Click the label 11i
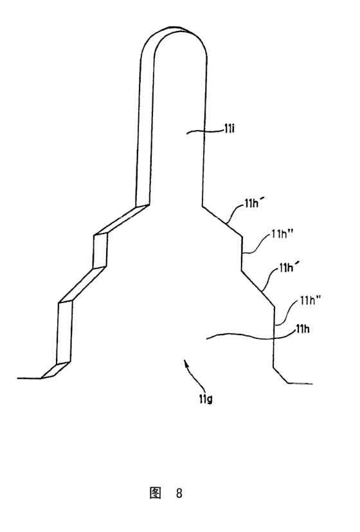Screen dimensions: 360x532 (229, 129)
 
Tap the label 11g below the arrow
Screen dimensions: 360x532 (206, 399)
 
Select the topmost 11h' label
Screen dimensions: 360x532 (252, 204)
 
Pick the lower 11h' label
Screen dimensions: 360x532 (287, 268)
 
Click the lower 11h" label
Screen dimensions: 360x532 (310, 300)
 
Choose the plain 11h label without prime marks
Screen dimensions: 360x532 (303, 329)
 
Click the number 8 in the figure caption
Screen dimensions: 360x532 (179, 493)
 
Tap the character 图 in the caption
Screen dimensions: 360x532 (156, 493)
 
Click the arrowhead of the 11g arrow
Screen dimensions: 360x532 (185, 362)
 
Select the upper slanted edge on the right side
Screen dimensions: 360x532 (222, 221)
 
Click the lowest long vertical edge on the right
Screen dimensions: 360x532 (274, 337)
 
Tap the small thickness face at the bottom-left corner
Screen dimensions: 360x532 (55, 370)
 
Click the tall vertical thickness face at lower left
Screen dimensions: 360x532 (65, 332)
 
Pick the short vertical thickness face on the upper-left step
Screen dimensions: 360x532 (102, 250)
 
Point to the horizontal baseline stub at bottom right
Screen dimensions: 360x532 (300, 384)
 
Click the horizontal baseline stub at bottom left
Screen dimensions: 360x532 (29, 378)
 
